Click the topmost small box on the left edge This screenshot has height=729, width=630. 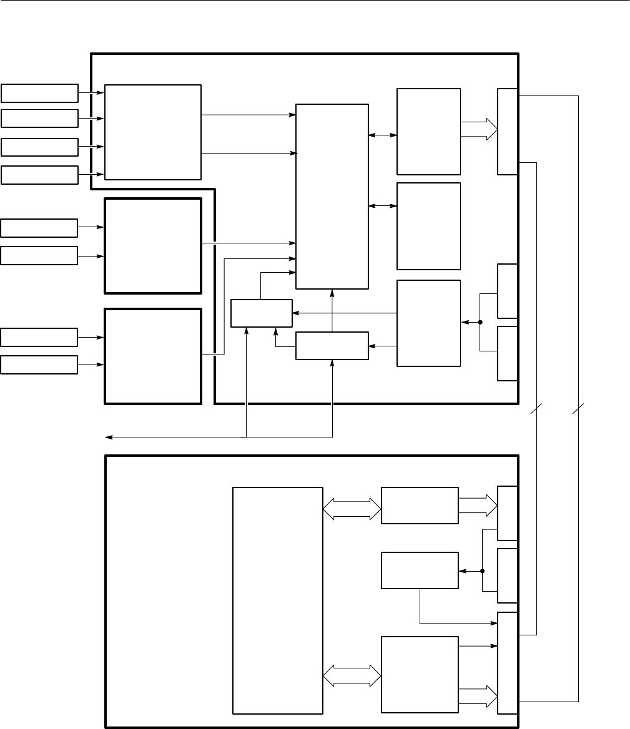pos(39,92)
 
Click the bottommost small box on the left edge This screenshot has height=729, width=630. pos(39,364)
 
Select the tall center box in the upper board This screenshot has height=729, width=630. pos(332,196)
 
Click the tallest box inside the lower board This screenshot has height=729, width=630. pos(277,600)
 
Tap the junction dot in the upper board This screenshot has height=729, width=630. pos(480,323)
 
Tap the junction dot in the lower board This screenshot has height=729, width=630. pos(483,570)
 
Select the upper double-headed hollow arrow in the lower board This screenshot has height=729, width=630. pos(352,508)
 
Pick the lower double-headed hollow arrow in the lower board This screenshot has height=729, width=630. pos(352,676)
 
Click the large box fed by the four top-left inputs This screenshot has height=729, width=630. pos(153,132)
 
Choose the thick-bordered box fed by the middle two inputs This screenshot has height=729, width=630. pos(153,245)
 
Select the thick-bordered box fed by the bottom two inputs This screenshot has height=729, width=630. pos(153,356)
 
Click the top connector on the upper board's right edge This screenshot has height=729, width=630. pos(507,131)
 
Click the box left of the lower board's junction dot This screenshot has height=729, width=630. pos(420,570)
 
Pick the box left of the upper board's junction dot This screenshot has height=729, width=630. pos(429,323)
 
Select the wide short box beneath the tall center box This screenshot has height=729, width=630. pos(332,346)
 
